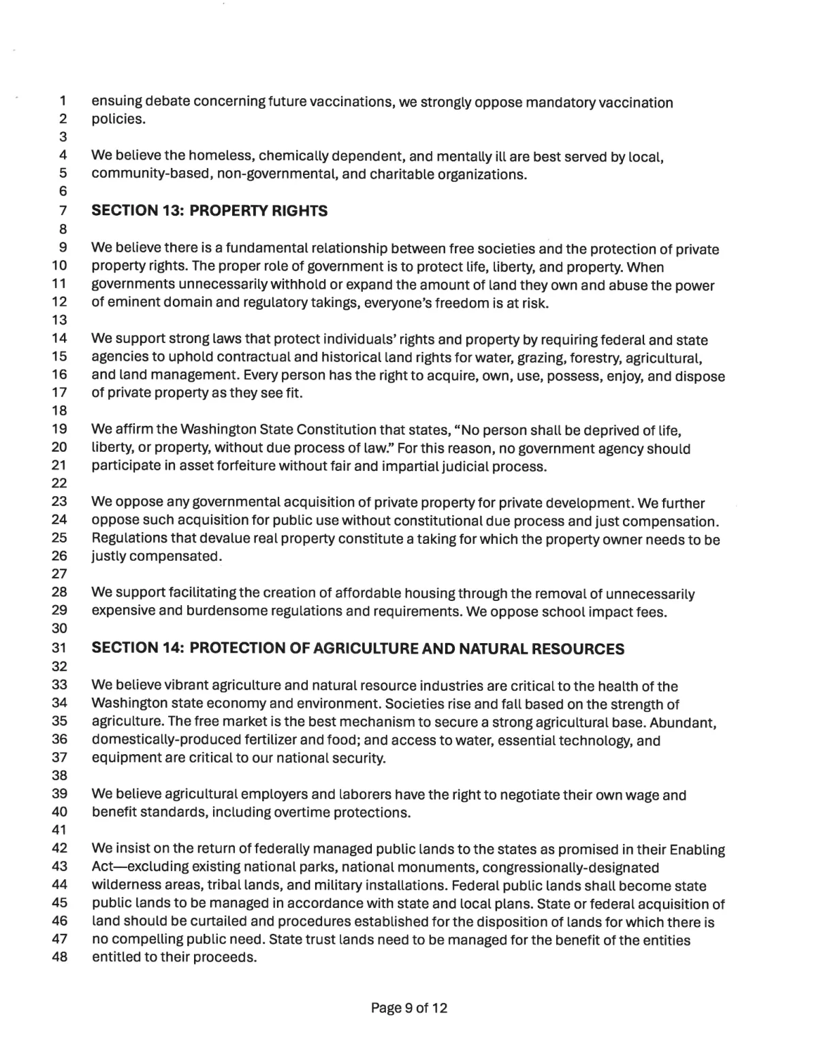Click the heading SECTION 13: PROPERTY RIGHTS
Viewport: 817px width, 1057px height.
point(209,211)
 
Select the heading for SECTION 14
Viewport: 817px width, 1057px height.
point(357,649)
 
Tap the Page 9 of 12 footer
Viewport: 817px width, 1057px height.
point(409,1008)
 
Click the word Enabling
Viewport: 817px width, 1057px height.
point(697,849)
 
